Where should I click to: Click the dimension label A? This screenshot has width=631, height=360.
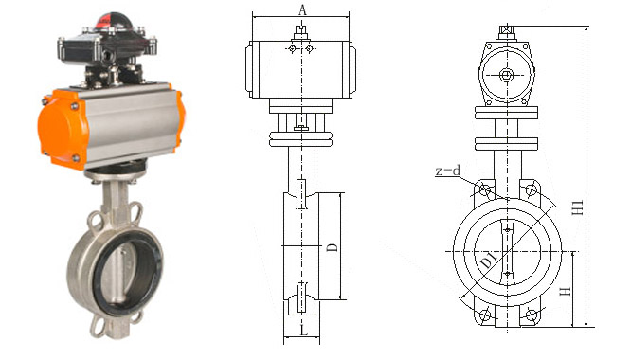coord(302,9)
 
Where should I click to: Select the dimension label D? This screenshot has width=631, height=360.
coord(333,247)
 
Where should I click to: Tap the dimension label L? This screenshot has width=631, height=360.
coord(304,331)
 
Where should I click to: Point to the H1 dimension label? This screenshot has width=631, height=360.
coord(578,207)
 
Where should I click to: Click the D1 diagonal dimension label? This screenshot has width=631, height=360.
coord(488,261)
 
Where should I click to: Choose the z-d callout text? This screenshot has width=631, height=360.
coord(448,171)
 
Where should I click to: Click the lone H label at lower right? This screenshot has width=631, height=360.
coord(566,291)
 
